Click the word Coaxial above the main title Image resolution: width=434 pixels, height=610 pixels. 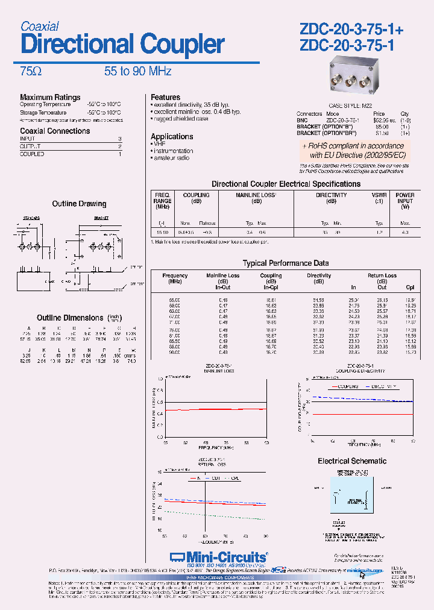40,27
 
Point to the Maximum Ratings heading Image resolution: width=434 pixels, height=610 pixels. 50,97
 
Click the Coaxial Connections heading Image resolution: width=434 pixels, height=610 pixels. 55,131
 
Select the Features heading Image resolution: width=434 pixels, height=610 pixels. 165,97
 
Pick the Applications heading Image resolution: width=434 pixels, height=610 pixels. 172,136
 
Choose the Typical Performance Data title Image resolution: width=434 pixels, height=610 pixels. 286,263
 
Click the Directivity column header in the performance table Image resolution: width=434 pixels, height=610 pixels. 319,275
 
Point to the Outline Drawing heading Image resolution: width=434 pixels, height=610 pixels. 79,204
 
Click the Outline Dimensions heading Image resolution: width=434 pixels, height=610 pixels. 70,318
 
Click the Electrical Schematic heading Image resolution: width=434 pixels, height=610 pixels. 352,461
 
